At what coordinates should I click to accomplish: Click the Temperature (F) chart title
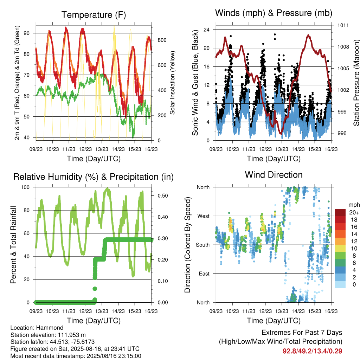click(x=94, y=15)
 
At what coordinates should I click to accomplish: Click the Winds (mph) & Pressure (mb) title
click(x=274, y=13)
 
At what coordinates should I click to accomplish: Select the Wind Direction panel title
click(x=274, y=175)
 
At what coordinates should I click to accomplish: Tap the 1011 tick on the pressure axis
click(x=343, y=25)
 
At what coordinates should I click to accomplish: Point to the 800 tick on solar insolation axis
click(x=162, y=40)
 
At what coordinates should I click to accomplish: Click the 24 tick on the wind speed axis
click(x=206, y=30)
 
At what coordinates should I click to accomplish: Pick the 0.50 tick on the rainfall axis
click(x=163, y=195)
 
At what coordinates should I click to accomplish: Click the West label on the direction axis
click(x=204, y=216)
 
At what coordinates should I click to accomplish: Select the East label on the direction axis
click(x=204, y=274)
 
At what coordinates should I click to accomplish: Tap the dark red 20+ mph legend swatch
click(x=340, y=212)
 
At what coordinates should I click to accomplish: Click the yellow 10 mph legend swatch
click(x=340, y=249)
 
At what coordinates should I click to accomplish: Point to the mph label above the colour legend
click(x=354, y=205)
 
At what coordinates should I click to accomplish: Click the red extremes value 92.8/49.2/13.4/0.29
click(x=312, y=351)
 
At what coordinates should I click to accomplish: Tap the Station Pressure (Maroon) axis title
click(x=356, y=83)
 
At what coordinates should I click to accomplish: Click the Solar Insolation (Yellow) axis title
click(x=172, y=83)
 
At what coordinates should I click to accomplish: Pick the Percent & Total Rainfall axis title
click(x=13, y=245)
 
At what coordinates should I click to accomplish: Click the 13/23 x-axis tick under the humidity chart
click(x=102, y=311)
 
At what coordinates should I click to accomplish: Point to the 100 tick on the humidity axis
click(x=25, y=187)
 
